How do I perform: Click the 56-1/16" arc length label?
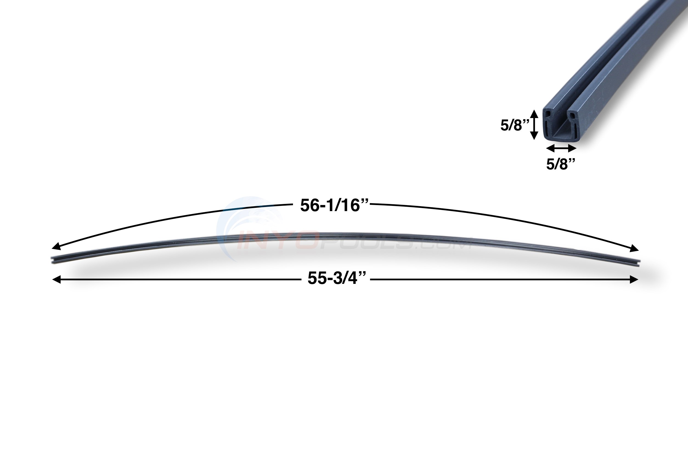pyautogui.click(x=334, y=206)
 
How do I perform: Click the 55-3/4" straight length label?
pyautogui.click(x=337, y=278)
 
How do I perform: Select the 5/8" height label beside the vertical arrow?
pyautogui.click(x=515, y=125)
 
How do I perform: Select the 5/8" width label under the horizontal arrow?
pyautogui.click(x=561, y=164)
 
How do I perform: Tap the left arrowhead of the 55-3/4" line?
pyautogui.click(x=56, y=279)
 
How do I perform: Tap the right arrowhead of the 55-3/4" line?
pyautogui.click(x=634, y=279)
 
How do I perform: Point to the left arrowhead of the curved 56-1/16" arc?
pyautogui.click(x=56, y=247)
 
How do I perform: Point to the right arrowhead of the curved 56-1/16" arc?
pyautogui.click(x=634, y=249)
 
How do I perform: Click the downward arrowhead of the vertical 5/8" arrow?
pyautogui.click(x=534, y=136)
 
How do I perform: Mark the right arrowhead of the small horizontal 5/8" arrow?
pyautogui.click(x=573, y=149)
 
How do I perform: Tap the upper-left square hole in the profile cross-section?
pyautogui.click(x=548, y=114)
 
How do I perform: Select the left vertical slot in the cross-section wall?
pyautogui.click(x=547, y=129)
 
